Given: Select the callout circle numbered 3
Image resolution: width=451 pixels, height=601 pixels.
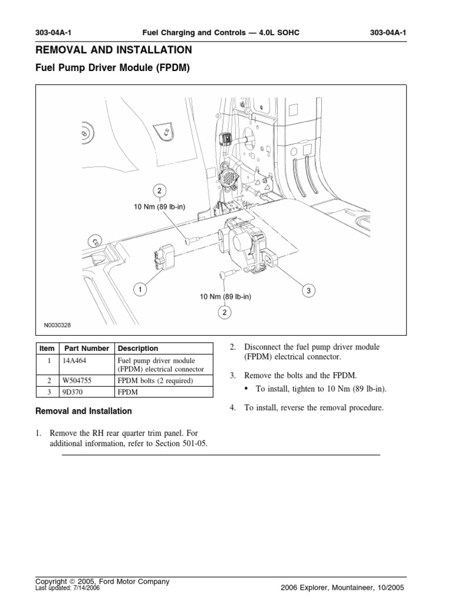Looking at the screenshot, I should pyautogui.click(x=307, y=290).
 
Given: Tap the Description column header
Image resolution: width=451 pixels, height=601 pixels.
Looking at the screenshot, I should pyautogui.click(x=138, y=348).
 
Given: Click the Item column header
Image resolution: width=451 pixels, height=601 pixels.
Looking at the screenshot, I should pyautogui.click(x=46, y=348).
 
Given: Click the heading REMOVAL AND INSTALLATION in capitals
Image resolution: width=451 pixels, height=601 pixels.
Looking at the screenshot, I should pyautogui.click(x=114, y=50).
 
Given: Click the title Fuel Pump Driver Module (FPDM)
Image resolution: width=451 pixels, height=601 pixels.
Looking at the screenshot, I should pyautogui.click(x=113, y=68).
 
